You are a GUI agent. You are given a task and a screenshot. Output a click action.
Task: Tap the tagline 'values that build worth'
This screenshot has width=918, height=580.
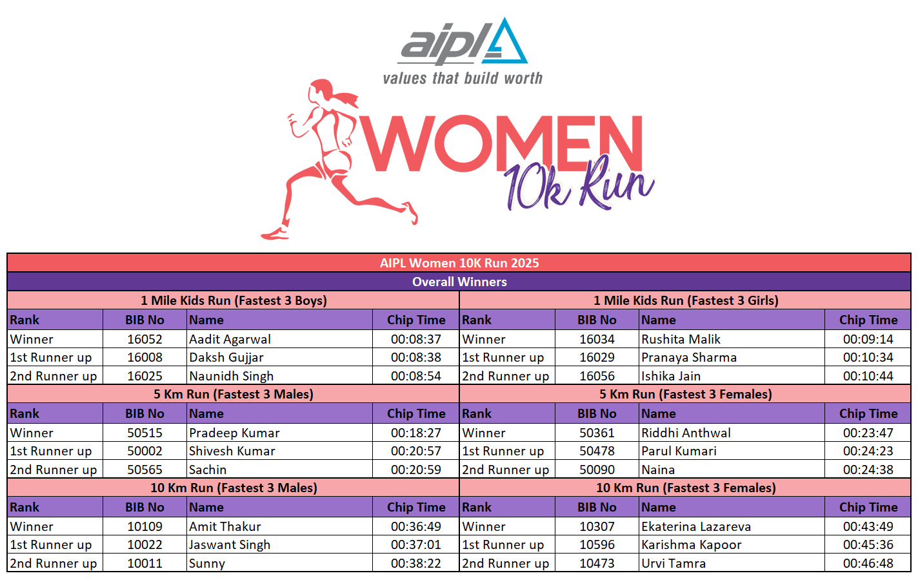[x=463, y=78]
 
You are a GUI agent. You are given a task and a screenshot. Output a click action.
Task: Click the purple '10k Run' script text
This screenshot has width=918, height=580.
[x=579, y=185]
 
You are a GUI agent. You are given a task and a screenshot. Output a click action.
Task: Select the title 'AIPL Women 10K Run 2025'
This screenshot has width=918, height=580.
[x=459, y=263]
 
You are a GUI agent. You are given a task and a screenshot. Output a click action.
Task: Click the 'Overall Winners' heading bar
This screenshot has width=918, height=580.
[x=459, y=282]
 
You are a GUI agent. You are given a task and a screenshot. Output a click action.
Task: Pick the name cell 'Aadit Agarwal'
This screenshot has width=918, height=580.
[x=230, y=339]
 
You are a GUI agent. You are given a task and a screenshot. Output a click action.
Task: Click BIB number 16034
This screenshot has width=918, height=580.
[x=597, y=339]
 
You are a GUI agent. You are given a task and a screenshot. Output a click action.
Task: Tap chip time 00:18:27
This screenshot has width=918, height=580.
[x=416, y=433]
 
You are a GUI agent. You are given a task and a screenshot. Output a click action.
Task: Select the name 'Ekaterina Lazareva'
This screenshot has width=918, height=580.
[x=696, y=526]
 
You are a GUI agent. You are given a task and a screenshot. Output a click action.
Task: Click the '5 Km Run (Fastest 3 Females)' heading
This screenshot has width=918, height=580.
[x=686, y=394]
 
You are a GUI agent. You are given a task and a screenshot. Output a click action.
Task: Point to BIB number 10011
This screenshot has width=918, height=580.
[x=145, y=563]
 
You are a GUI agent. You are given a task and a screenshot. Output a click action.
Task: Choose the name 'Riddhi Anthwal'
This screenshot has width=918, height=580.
[x=686, y=433]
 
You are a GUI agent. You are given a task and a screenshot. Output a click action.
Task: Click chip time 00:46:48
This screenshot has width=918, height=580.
[x=868, y=563]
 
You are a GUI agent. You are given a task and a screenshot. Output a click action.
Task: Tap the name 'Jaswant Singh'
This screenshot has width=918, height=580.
[x=230, y=544]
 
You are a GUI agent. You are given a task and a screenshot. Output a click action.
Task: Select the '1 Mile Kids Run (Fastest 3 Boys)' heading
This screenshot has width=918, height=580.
[x=234, y=301]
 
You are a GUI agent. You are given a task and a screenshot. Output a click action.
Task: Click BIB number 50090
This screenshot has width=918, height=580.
[x=597, y=470]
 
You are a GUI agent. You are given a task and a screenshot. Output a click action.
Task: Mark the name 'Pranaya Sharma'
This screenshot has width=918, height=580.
[x=689, y=358]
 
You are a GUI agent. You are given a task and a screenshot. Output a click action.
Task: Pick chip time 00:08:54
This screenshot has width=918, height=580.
[x=416, y=376]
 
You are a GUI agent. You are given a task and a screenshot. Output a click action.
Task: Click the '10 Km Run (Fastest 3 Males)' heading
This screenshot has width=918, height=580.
[x=234, y=488]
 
